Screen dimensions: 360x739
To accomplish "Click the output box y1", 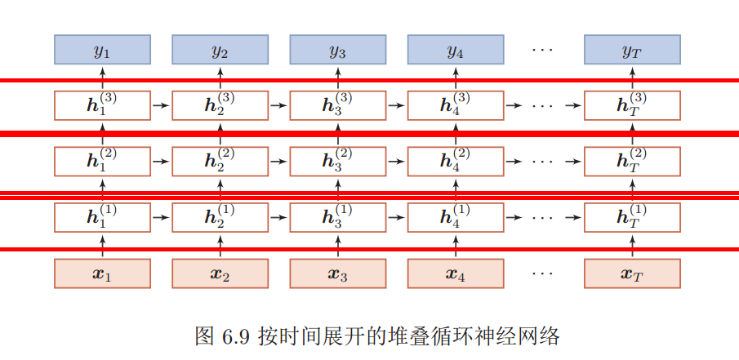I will tap(103, 51).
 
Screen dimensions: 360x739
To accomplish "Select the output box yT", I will tap(632, 51).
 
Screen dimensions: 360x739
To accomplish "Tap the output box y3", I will tap(338, 51).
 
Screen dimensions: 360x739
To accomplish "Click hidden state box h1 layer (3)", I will tap(103, 105).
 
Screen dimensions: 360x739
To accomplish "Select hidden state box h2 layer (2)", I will tap(220, 161).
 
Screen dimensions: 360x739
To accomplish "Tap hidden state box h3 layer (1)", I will tap(338, 217).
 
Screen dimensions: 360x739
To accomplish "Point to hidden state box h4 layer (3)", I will tap(456, 105).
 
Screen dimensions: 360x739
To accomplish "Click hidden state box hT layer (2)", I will tap(632, 161).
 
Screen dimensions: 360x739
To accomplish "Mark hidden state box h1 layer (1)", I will tap(103, 217).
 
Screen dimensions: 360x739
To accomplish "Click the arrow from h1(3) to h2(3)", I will tap(162, 105).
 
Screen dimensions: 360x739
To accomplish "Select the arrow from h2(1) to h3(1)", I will tap(279, 218).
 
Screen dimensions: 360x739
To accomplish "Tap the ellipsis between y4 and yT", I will tap(542, 51).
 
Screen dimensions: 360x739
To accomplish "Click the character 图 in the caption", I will tap(204, 336).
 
